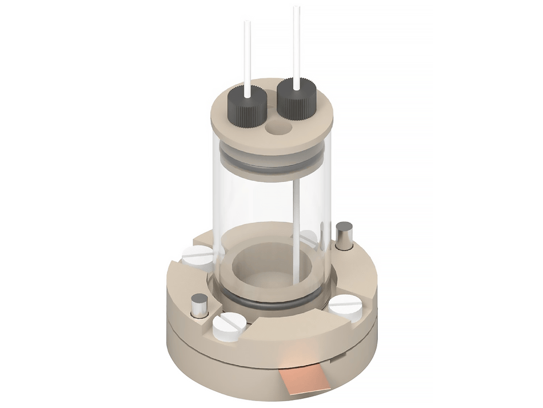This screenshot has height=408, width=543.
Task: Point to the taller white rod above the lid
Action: click(297, 46)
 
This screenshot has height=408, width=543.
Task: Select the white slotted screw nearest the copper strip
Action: click(229, 327)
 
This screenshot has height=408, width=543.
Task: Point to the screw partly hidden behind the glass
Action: click(309, 237)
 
